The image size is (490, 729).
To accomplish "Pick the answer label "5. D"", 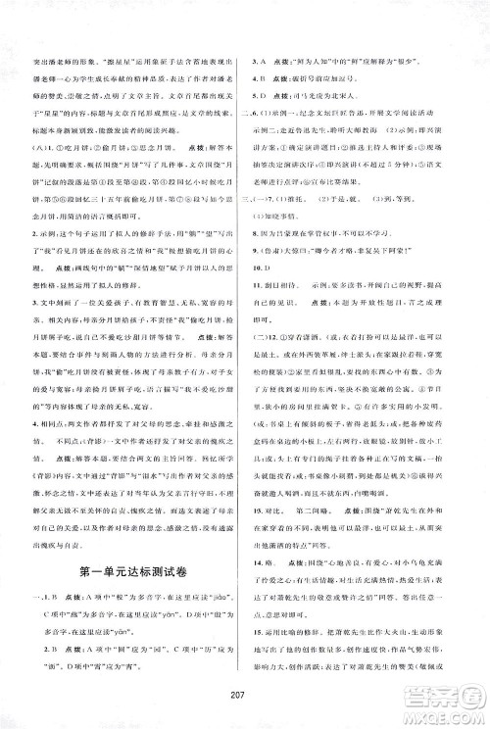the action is click(x=258, y=97).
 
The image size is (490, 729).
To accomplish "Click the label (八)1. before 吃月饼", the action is click(x=43, y=148).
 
